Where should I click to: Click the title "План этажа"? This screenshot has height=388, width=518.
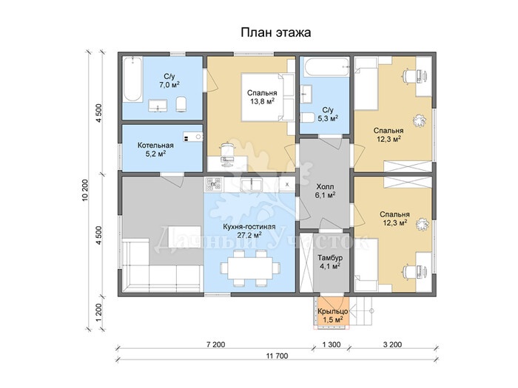pyautogui.click(x=275, y=33)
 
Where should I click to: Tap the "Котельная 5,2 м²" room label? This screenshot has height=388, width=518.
pyautogui.click(x=155, y=149)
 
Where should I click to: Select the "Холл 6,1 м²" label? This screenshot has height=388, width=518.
pyautogui.click(x=325, y=191)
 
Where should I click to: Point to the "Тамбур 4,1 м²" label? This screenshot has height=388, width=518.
pyautogui.click(x=330, y=262)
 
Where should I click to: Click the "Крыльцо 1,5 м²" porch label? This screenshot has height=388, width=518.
pyautogui.click(x=333, y=315)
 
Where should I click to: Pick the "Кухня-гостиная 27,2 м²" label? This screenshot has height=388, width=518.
pyautogui.click(x=249, y=231)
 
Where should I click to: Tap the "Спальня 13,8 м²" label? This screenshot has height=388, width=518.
pyautogui.click(x=262, y=98)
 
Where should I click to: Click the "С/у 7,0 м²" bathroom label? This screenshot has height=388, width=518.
pyautogui.click(x=169, y=81)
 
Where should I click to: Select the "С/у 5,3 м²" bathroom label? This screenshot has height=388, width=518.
pyautogui.click(x=328, y=114)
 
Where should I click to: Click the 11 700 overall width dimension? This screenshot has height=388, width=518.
pyautogui.click(x=277, y=356)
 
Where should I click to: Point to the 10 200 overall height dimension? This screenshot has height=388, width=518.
pyautogui.click(x=85, y=191)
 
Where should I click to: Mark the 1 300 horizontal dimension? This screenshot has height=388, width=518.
pyautogui.click(x=332, y=345)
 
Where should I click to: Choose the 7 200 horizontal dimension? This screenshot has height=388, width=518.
pyautogui.click(x=216, y=345)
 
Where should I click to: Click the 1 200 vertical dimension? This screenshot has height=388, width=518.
pyautogui.click(x=99, y=312)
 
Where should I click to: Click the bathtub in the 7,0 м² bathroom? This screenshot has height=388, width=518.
pyautogui.click(x=132, y=79)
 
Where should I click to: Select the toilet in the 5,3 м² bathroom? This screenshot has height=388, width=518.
pyautogui.click(x=308, y=118)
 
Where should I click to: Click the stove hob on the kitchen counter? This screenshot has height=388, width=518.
pyautogui.click(x=213, y=185)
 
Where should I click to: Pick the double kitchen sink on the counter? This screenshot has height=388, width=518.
pyautogui.click(x=252, y=185)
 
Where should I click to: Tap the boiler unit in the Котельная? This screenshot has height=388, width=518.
pyautogui.click(x=193, y=137)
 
